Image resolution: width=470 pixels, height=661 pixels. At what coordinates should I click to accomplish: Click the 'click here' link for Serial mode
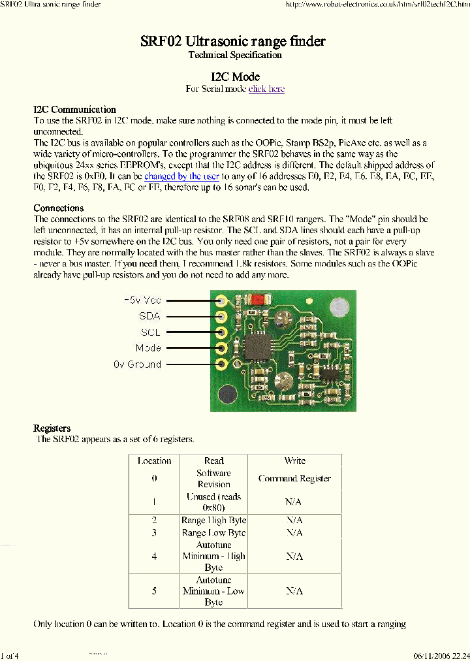pyautogui.click(x=266, y=89)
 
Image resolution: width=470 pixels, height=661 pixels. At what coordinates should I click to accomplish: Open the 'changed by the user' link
pyautogui.click(x=181, y=176)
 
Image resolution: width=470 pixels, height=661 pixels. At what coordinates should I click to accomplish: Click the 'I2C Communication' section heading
pyautogui.click(x=74, y=110)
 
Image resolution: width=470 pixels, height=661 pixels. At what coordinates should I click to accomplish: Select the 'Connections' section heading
pyautogui.click(x=59, y=208)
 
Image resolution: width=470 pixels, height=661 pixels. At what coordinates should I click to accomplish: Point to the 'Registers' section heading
pyautogui.click(x=52, y=428)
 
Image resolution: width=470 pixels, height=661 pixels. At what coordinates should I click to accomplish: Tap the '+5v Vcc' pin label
pyautogui.click(x=142, y=300)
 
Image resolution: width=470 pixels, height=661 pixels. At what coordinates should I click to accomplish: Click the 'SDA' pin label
pyautogui.click(x=149, y=316)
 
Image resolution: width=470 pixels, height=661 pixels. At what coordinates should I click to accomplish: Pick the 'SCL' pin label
pyautogui.click(x=150, y=332)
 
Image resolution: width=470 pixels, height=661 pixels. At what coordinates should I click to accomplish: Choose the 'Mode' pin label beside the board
pyautogui.click(x=148, y=348)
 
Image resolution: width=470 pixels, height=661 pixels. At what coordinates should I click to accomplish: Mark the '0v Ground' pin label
pyautogui.click(x=137, y=364)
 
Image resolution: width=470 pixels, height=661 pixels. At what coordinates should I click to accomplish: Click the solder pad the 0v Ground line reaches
pyautogui.click(x=222, y=364)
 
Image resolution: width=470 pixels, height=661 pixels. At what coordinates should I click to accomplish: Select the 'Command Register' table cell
pyautogui.click(x=294, y=479)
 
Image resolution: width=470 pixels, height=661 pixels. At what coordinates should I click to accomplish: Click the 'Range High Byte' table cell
pyautogui.click(x=213, y=521)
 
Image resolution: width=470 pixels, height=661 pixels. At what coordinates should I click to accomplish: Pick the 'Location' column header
pyautogui.click(x=155, y=461)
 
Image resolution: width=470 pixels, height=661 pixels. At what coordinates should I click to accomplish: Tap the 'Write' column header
pyautogui.click(x=294, y=461)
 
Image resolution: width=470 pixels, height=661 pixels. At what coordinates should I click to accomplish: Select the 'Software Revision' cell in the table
pyautogui.click(x=213, y=479)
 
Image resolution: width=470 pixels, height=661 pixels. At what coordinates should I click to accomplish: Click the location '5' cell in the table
pyautogui.click(x=155, y=591)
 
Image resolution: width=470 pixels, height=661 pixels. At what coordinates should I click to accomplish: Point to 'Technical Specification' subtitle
pyautogui.click(x=235, y=55)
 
